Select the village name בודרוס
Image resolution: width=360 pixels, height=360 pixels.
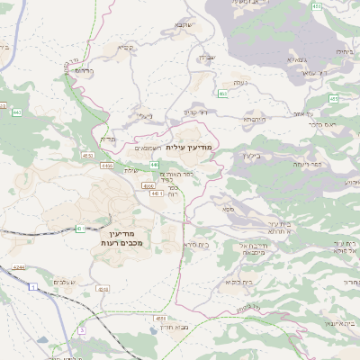pyautogui.click(x=83, y=70)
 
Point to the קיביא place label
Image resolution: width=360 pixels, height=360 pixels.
pyautogui.click(x=125, y=48)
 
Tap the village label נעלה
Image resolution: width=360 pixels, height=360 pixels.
pyautogui.click(x=240, y=83)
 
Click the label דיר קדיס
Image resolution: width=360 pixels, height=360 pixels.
pyautogui.click(x=197, y=112)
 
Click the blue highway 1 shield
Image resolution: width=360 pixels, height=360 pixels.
pyautogui.click(x=33, y=286)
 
